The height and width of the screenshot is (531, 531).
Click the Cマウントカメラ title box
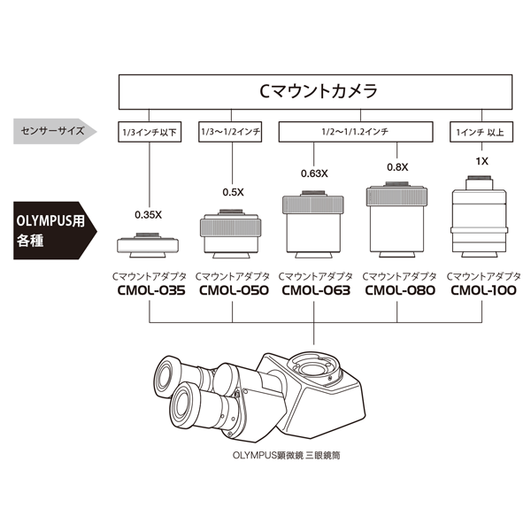click(x=317, y=90)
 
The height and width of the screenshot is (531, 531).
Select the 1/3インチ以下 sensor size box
click(x=149, y=133)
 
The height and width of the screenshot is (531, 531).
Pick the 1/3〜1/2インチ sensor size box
click(x=233, y=133)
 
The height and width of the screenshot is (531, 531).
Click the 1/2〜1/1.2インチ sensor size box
click(x=357, y=133)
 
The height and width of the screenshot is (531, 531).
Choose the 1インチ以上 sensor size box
click(x=481, y=133)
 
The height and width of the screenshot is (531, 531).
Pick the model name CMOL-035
click(x=150, y=289)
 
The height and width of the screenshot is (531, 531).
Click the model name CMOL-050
click(x=233, y=289)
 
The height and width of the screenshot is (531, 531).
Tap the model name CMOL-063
click(x=316, y=289)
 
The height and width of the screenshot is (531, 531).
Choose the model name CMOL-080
click(x=399, y=289)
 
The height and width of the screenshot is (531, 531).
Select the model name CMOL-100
click(x=482, y=289)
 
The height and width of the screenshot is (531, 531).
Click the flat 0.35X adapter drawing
click(x=149, y=243)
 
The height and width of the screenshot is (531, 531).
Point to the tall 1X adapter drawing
click(x=481, y=217)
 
